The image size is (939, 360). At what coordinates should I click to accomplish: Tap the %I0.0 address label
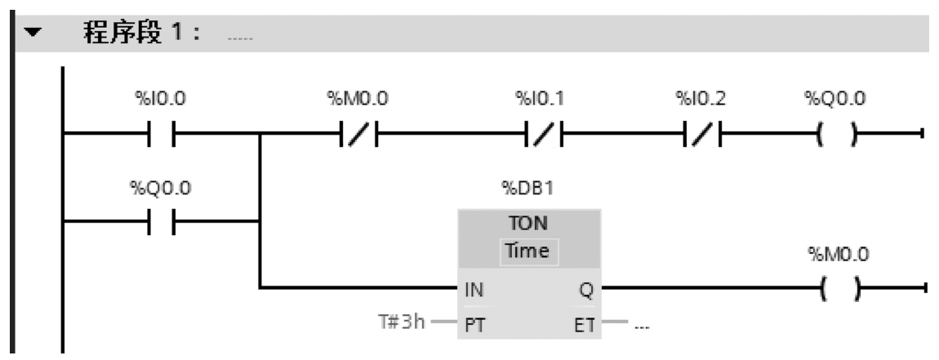click(x=162, y=100)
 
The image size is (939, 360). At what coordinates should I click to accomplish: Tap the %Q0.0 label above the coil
click(x=835, y=100)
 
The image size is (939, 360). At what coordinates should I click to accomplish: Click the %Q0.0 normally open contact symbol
click(x=162, y=220)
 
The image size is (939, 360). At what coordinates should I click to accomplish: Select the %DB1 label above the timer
click(x=529, y=189)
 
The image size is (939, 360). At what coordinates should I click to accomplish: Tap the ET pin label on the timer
click(x=583, y=322)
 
